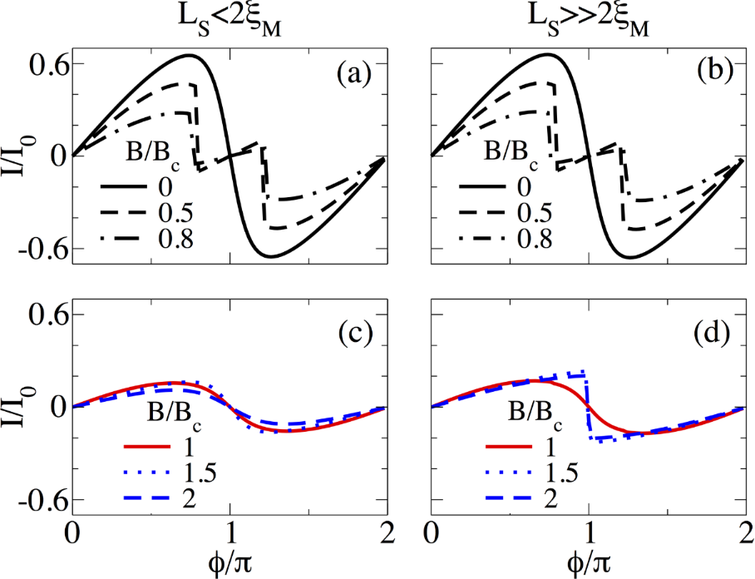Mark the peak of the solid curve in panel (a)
pos(190,56)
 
